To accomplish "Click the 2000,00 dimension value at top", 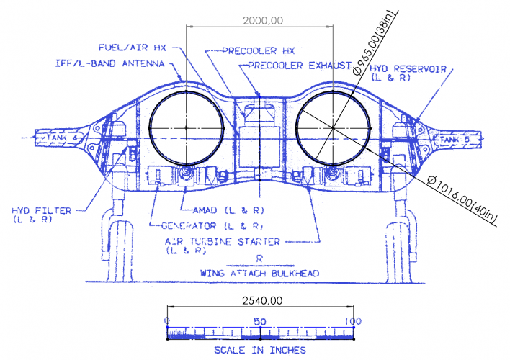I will [x=260, y=20].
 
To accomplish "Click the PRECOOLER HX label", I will [x=249, y=51].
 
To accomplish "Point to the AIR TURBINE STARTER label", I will [x=232, y=242].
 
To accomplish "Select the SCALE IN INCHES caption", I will [x=260, y=350].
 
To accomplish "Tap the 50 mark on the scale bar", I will [x=260, y=321].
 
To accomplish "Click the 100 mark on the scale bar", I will [x=352, y=321].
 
